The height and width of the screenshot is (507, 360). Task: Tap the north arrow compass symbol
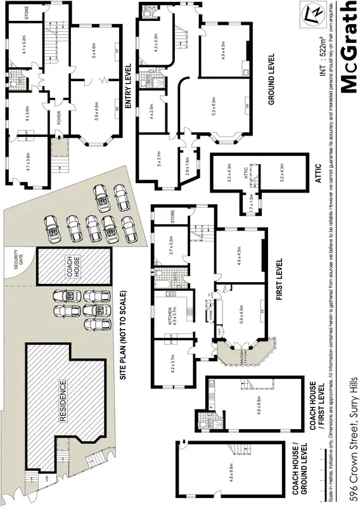311,13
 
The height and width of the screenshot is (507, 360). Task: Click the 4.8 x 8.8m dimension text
241,406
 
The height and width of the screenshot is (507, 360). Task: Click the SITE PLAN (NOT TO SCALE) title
124,335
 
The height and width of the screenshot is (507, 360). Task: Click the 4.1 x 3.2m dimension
23,47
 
